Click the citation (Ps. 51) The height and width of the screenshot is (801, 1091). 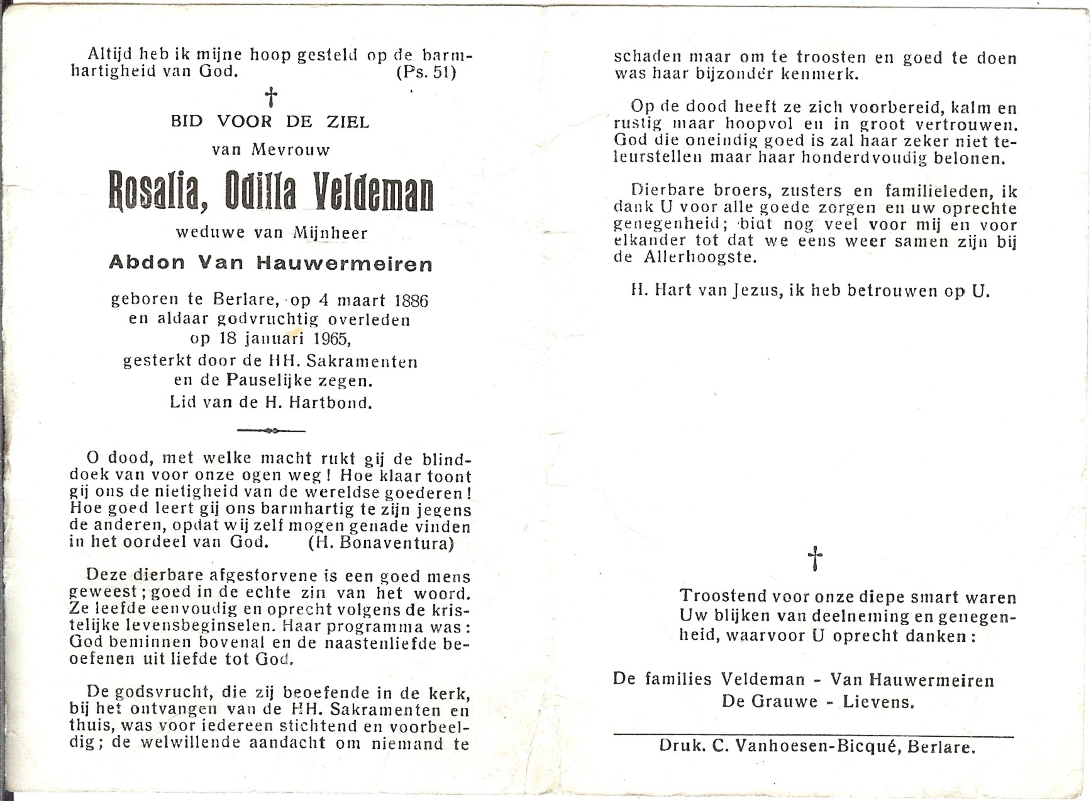pos(426,72)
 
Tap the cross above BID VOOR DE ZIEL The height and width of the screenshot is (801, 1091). pos(271,97)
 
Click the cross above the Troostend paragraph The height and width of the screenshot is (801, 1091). pos(814,558)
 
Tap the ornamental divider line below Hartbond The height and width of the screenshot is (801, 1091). pos(271,431)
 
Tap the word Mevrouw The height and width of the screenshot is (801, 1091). pos(291,150)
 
